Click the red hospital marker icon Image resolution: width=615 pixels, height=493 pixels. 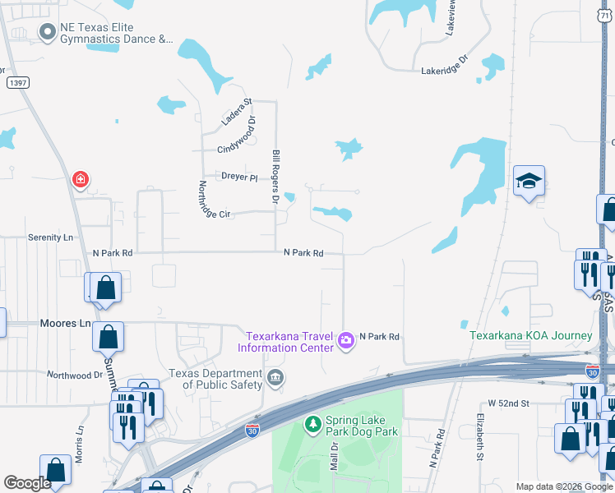pos(80,178)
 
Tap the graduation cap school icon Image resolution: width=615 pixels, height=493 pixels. pos(529,182)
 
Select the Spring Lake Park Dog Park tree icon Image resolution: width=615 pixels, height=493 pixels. pos(312,424)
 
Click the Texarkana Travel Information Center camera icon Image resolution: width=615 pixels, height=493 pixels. pos(346,339)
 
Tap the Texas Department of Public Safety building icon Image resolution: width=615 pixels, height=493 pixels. pos(275,378)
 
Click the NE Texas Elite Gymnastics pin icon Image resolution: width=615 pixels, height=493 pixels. pos(46,31)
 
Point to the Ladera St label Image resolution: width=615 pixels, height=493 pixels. pos(235,112)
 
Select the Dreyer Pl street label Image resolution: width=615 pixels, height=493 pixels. pos(239,177)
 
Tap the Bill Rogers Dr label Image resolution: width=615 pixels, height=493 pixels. pos(276,177)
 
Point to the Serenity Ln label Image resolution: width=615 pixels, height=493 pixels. pos(51,237)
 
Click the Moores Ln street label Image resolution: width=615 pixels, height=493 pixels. pos(65,324)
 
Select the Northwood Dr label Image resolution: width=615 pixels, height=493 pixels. pos(75,375)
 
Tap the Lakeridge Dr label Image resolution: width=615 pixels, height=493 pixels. pos(444,71)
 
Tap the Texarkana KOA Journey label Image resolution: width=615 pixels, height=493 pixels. pos(530,335)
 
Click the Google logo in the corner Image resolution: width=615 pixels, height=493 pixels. pos(28,483)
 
